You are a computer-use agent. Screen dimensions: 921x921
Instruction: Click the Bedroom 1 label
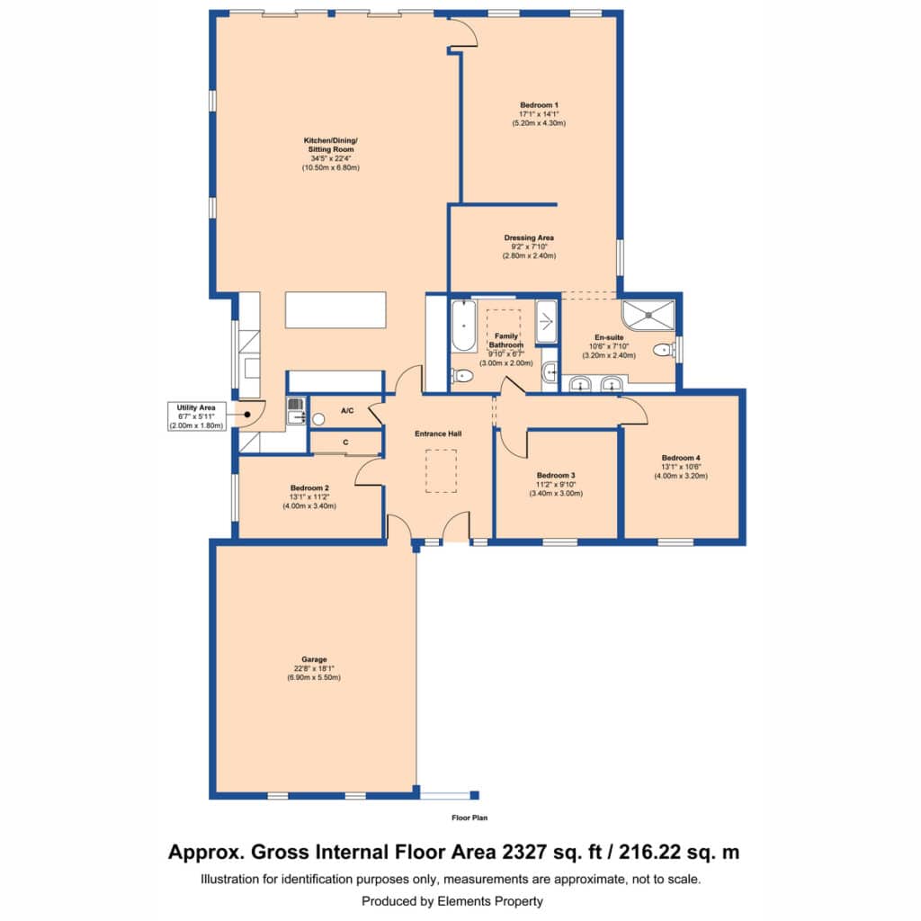click(x=539, y=105)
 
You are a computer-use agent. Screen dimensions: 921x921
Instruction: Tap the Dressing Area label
click(x=529, y=237)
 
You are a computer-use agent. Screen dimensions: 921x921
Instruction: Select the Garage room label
click(x=314, y=659)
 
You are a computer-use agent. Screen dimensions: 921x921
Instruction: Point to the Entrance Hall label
click(x=438, y=434)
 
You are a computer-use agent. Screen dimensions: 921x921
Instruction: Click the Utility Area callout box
click(x=196, y=416)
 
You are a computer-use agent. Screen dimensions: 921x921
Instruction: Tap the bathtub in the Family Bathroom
click(x=463, y=326)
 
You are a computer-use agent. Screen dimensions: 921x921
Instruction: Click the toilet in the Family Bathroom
click(x=462, y=375)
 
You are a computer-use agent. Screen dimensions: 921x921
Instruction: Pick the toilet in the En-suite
click(x=665, y=350)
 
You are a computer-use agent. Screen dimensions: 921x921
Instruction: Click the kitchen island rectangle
click(x=335, y=309)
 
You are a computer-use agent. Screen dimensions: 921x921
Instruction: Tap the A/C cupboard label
click(x=347, y=410)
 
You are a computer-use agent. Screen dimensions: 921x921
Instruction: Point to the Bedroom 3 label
click(x=556, y=475)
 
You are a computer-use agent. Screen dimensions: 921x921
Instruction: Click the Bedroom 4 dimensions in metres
click(x=681, y=476)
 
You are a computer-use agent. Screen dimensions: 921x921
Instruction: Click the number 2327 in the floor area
click(x=524, y=852)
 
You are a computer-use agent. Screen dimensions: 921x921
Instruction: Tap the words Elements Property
click(x=490, y=901)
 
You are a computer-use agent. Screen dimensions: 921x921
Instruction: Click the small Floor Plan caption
click(x=469, y=818)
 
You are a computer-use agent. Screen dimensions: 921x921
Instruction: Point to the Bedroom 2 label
click(x=309, y=487)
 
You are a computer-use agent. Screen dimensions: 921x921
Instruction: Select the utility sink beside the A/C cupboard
click(x=295, y=410)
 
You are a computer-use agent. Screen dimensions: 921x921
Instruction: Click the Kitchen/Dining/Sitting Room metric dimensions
click(x=331, y=167)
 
